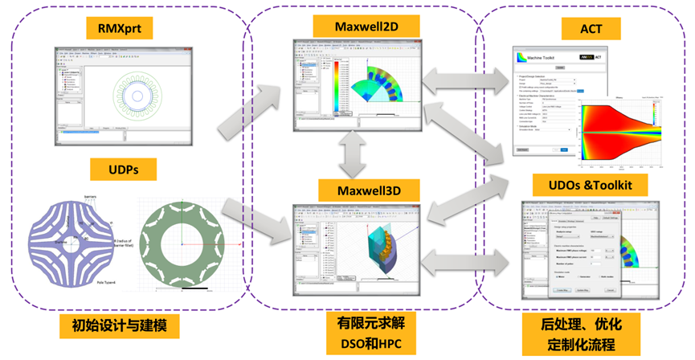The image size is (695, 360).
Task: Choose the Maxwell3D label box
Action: tap(366, 191)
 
